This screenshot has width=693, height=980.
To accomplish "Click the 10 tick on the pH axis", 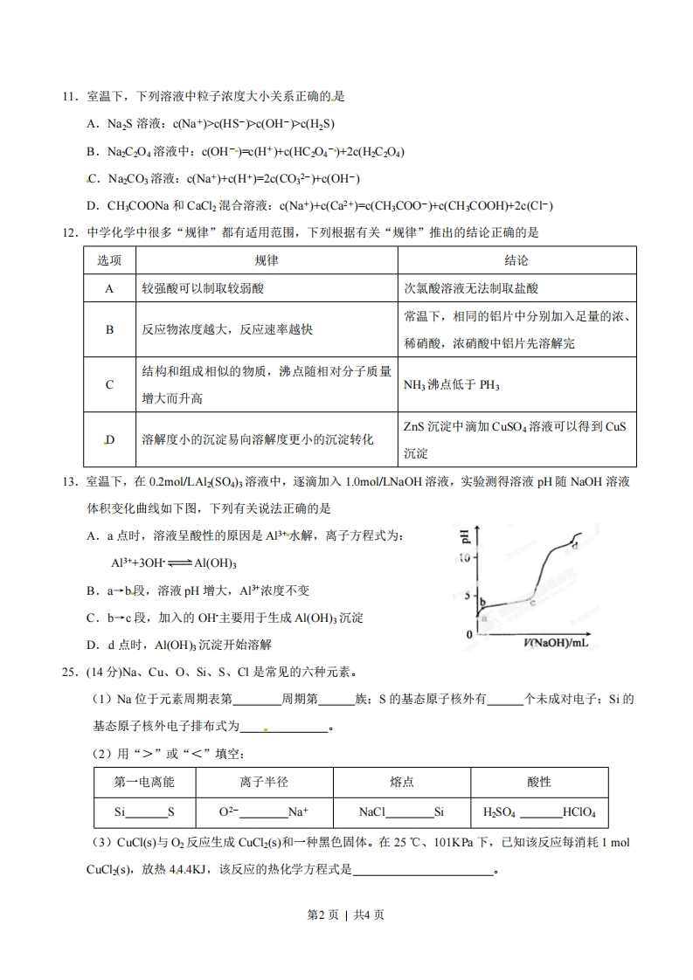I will [465, 557].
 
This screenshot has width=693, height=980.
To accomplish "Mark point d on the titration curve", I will [574, 545].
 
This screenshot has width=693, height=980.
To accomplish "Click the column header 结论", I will [516, 261].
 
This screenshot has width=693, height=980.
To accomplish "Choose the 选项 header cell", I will [109, 261].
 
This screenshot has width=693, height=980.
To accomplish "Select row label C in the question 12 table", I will [109, 384].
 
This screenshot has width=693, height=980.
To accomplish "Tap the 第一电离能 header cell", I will [145, 782].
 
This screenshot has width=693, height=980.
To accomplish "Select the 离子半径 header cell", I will [264, 782].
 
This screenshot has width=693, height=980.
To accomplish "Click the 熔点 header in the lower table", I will [402, 782].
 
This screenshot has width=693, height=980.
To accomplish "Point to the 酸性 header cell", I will [539, 782].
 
